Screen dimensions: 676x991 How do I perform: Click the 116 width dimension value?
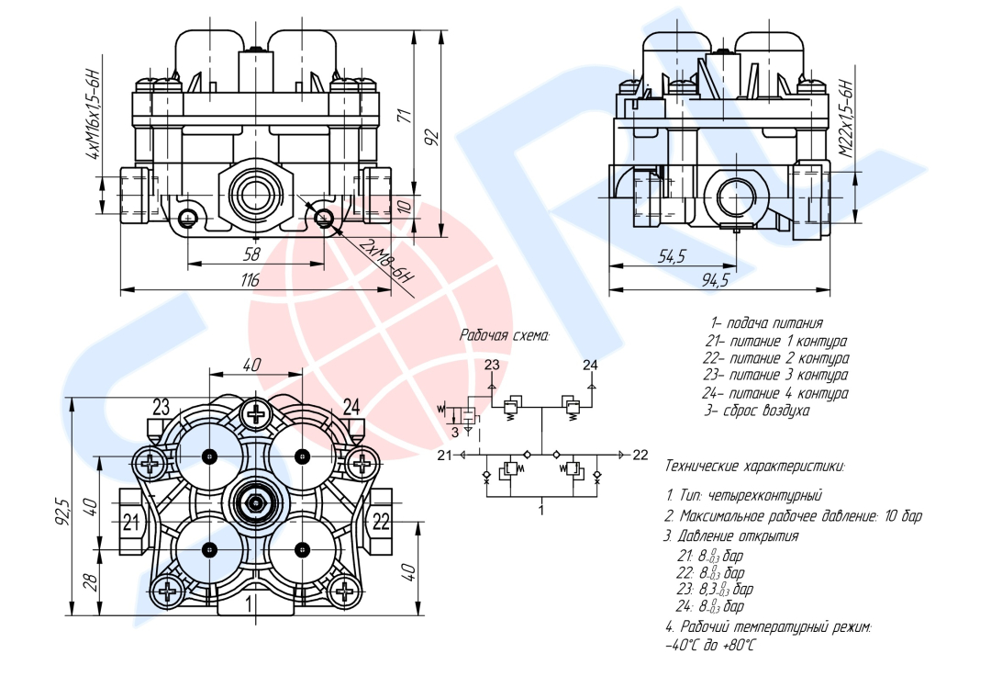[250, 281]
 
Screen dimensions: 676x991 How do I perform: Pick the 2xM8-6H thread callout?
[385, 263]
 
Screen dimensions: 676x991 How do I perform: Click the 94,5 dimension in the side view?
[715, 281]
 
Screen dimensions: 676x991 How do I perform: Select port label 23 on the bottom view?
[161, 405]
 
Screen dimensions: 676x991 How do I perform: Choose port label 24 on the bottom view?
[352, 405]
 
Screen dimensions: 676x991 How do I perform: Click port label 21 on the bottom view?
[131, 523]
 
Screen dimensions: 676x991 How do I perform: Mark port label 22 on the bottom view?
[381, 523]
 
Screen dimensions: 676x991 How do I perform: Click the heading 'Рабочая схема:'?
[504, 336]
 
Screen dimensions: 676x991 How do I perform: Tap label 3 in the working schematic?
[453, 432]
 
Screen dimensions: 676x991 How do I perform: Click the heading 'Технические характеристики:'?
[754, 466]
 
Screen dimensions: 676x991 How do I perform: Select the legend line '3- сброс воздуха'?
[757, 411]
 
